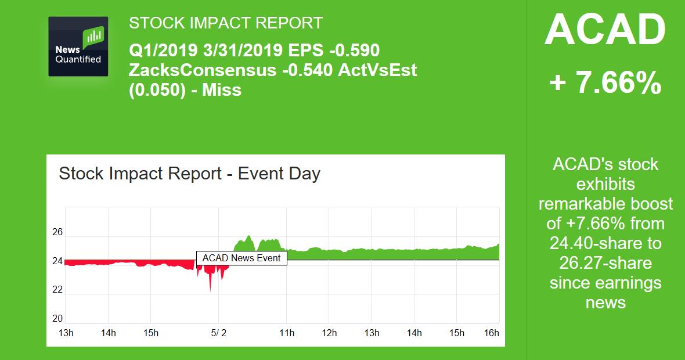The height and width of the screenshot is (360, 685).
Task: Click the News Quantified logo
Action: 78,46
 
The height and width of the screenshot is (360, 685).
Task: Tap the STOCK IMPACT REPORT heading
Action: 225,23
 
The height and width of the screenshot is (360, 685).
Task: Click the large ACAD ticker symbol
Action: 605,30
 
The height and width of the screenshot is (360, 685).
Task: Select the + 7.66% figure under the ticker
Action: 605,83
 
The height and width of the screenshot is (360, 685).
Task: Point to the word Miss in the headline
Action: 221,90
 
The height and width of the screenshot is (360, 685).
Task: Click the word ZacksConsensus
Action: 203,70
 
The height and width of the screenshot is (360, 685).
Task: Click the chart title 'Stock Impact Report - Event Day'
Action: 189,174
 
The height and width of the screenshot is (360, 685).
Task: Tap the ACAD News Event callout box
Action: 241,258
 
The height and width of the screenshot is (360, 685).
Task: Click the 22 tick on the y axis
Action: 57,290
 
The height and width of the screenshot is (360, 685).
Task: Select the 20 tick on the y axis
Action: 57,318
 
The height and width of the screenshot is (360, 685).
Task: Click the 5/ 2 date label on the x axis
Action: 218,333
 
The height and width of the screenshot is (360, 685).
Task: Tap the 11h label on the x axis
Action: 287,333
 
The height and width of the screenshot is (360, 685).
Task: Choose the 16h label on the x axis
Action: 491,333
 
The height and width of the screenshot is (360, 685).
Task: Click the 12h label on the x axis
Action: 329,333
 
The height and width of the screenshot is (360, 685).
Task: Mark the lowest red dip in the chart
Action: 210,290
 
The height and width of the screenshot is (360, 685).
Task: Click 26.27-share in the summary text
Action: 605,262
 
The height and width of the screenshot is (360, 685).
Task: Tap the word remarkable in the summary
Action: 584,204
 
